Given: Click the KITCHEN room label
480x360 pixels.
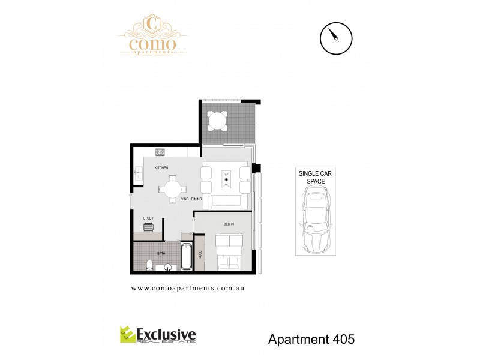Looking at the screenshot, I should pos(161,167).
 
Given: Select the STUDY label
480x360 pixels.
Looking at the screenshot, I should pos(148,218).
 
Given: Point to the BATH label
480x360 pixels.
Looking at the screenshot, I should pos(161,254).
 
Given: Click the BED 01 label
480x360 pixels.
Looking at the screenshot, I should pos(228,224).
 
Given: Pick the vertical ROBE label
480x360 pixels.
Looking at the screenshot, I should pos(200,254).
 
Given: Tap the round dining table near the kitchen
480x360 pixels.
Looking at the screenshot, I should pos(172,188).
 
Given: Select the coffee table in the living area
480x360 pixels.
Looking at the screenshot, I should pos(227,179).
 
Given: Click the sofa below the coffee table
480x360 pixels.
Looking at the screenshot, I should pos(227,202).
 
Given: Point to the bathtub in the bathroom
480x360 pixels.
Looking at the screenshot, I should pos(185,258).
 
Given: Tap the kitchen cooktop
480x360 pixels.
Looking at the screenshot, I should pos(160,152).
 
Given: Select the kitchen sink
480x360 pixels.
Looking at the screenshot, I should pos(137,173).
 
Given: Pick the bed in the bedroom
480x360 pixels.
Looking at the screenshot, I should pos(229,251).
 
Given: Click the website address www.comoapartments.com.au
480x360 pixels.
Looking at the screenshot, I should pos(187,288).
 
